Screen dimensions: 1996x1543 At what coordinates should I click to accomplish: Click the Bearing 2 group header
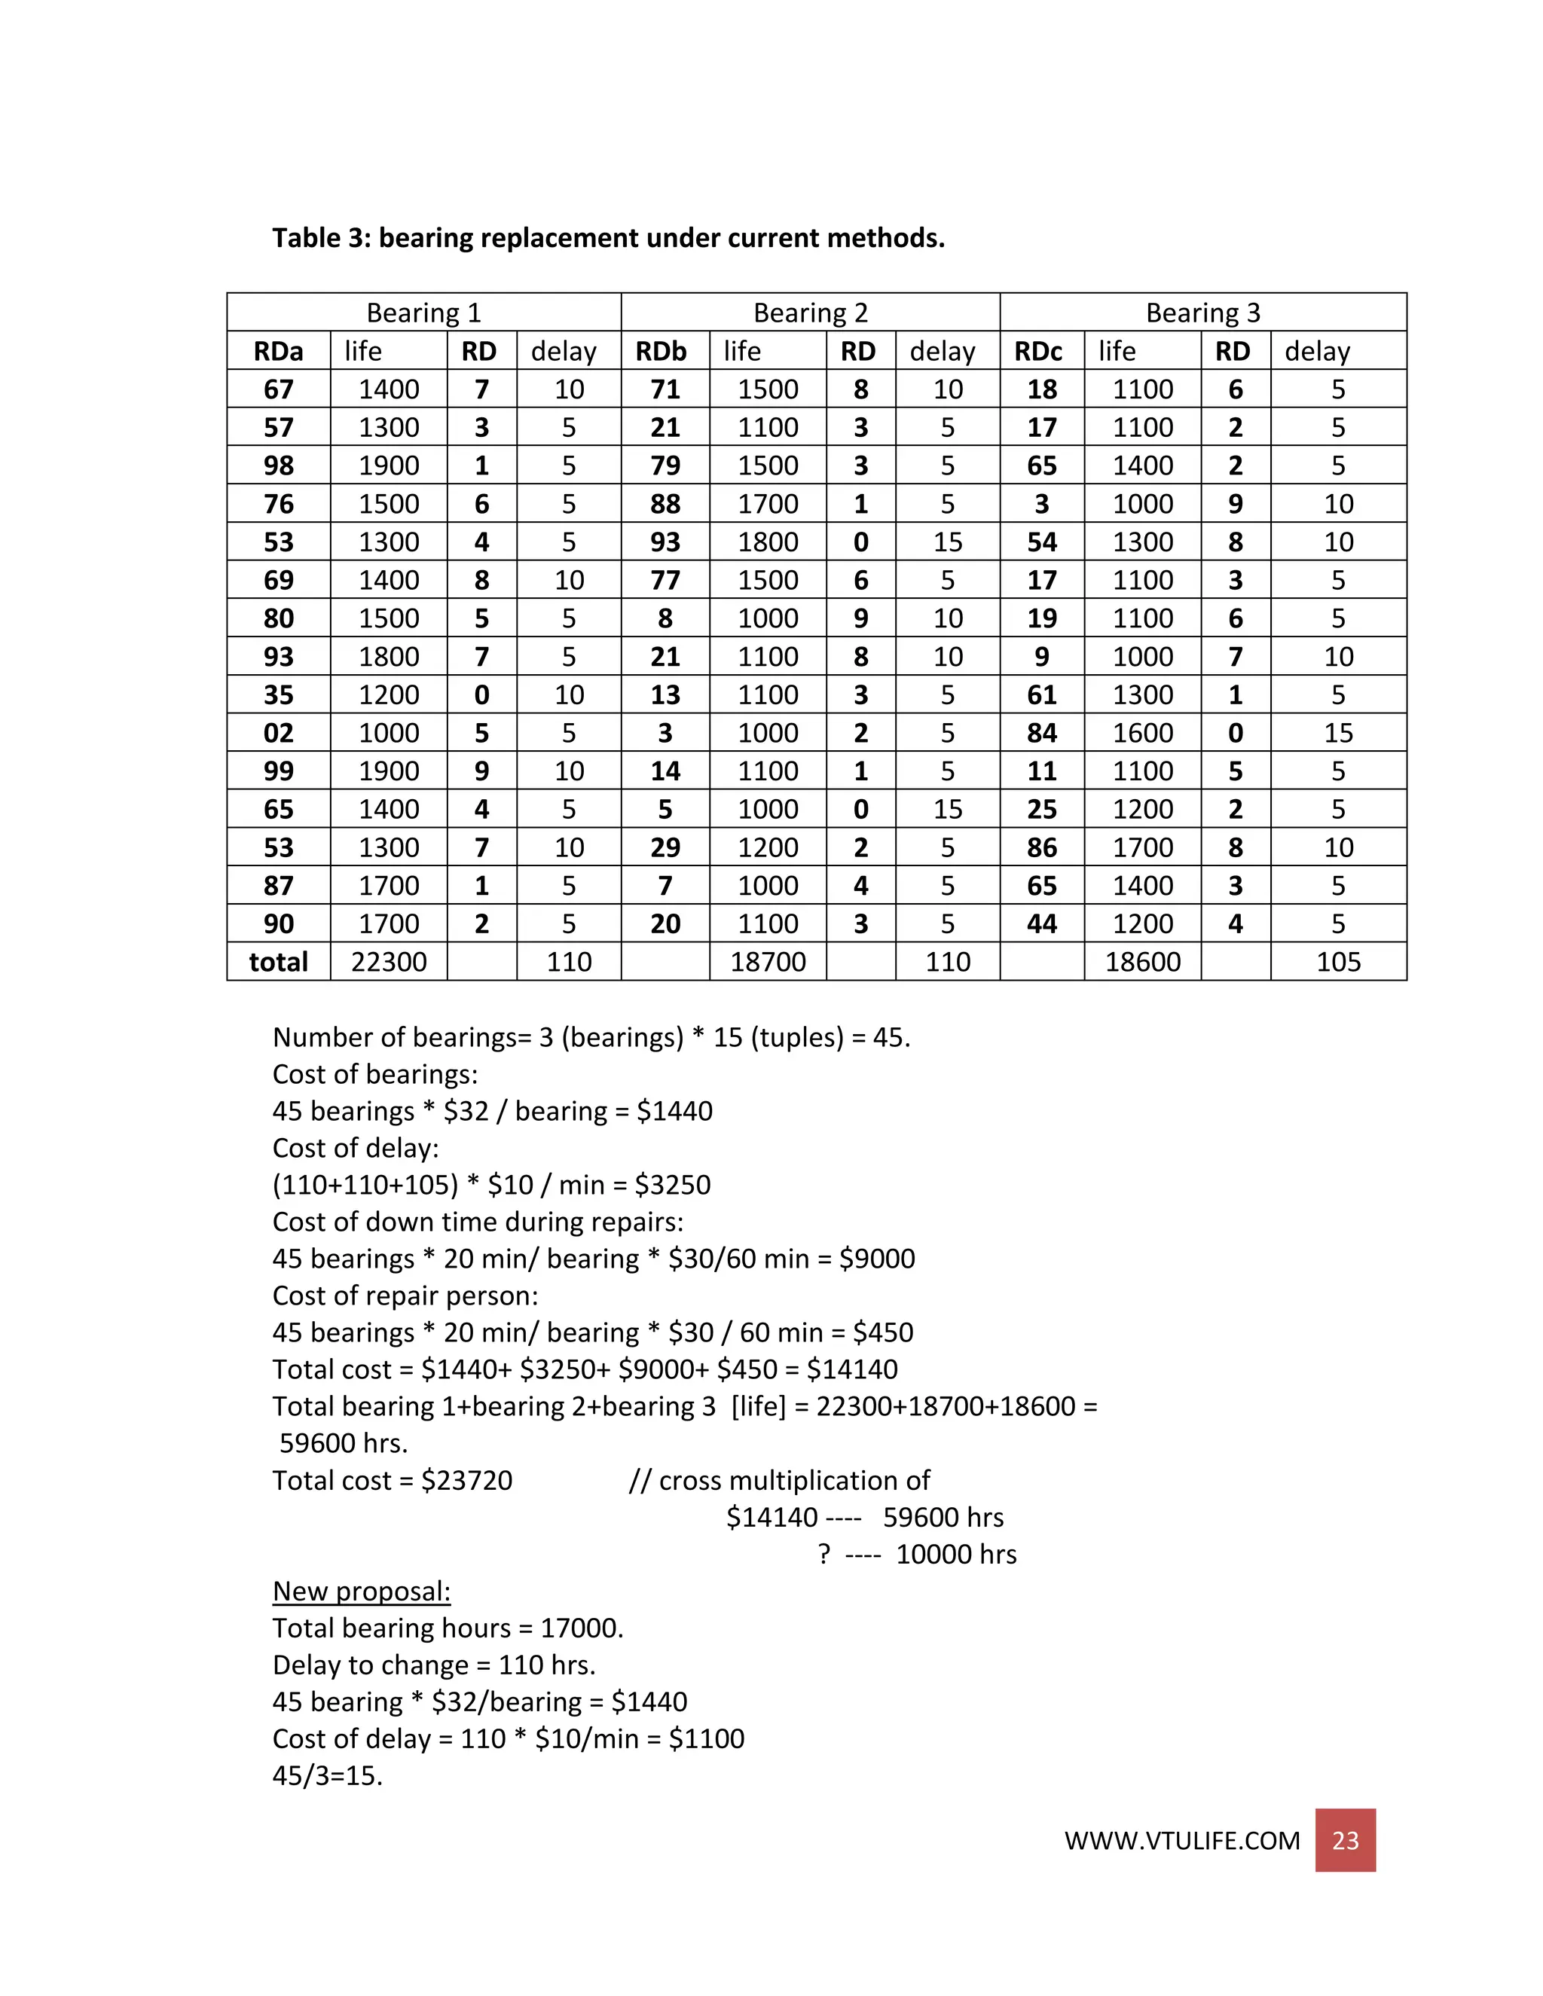point(810,313)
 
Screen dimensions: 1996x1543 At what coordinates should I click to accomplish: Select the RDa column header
point(278,351)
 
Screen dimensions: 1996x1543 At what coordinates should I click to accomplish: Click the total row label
point(278,961)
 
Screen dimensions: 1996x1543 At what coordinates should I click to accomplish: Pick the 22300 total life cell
point(389,961)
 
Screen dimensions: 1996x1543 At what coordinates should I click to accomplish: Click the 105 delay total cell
point(1337,961)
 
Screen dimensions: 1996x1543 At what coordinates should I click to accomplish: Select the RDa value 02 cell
point(278,733)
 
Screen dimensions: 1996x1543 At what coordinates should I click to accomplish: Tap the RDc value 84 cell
point(1041,733)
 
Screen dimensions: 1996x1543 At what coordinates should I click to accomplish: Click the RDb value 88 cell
point(665,504)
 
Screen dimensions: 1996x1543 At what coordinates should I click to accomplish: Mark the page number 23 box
point(1345,1840)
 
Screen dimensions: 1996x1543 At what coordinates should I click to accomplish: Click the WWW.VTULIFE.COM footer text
point(1181,1841)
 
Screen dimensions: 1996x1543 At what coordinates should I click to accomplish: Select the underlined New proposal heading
point(361,1591)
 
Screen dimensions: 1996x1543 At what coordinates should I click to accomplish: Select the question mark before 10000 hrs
point(823,1555)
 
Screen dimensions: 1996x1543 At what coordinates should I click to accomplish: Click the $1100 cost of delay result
point(706,1738)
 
